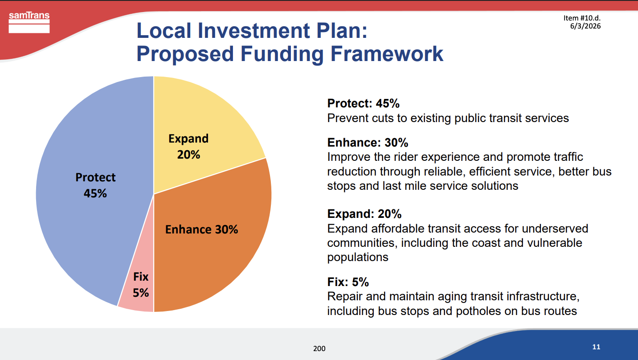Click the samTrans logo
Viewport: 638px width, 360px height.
pos(29,22)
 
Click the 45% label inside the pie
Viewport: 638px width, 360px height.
pos(95,193)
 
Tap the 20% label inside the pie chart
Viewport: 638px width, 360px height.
pos(188,155)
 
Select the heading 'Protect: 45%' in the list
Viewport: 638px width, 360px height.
pos(363,103)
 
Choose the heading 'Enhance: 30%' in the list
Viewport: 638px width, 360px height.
pos(368,143)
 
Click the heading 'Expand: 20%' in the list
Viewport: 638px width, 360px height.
pos(364,214)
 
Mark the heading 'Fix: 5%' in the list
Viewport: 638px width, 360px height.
pos(348,282)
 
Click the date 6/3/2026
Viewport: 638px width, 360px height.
pos(585,26)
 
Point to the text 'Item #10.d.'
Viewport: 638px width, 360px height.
pos(582,18)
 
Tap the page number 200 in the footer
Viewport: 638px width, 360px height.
pos(319,348)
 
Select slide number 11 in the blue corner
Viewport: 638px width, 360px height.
pos(596,347)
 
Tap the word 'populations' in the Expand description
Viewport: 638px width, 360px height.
pos(357,258)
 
